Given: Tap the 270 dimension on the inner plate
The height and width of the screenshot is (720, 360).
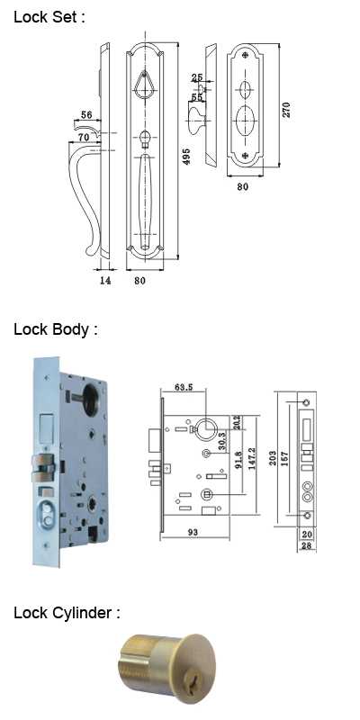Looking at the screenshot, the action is pos(286,109).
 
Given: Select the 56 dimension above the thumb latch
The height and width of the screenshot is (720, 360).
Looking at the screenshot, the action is pos(86,115).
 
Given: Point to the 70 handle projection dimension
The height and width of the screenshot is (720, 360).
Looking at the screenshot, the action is pos(83,137).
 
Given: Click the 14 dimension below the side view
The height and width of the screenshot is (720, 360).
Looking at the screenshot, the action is pos(105,280).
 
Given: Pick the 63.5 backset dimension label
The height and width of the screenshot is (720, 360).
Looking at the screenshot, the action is pos(184,387).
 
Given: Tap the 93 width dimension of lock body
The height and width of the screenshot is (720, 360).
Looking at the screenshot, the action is pos(193,532).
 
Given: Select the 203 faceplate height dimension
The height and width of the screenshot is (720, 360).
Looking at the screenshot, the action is pos(274,458).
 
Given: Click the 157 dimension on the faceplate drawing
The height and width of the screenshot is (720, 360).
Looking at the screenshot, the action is pos(284,459).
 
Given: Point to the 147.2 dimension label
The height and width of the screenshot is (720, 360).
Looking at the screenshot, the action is pos(253,459).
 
